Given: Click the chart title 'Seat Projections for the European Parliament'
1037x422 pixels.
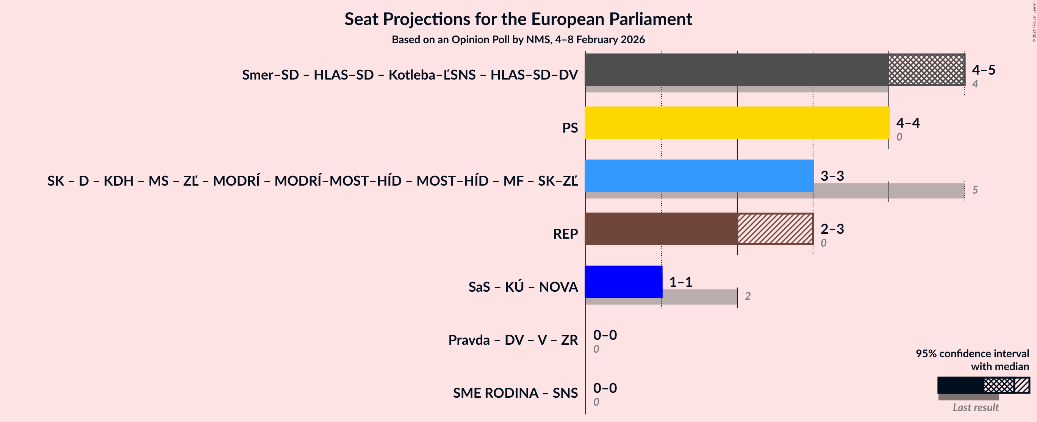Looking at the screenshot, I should click(x=518, y=19).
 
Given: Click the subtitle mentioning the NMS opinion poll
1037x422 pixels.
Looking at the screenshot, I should click(x=518, y=39).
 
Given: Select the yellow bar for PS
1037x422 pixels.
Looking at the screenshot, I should click(x=737, y=123).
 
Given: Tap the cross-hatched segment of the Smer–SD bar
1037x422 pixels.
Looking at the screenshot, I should click(x=926, y=70).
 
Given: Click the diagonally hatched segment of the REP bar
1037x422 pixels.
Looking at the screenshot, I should click(x=775, y=229).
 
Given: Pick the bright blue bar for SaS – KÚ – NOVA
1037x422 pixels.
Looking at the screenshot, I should click(x=623, y=282).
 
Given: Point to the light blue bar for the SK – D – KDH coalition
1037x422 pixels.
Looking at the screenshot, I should click(x=699, y=175).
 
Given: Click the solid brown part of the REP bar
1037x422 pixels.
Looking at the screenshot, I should click(x=661, y=229).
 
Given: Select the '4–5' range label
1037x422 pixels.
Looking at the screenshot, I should click(x=984, y=70).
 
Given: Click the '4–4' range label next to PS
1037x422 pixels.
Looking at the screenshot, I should click(x=908, y=123).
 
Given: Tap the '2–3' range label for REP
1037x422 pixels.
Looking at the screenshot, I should click(x=832, y=229).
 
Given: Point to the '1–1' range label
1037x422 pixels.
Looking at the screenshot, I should click(x=681, y=282).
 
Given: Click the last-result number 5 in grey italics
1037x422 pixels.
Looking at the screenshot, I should click(x=975, y=190).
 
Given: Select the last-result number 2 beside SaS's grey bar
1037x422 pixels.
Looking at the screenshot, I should click(x=748, y=296).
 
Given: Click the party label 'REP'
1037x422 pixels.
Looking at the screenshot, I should click(x=565, y=234).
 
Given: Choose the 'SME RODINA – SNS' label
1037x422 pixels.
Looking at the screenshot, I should click(x=515, y=393).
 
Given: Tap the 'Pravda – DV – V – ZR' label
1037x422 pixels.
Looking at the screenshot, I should click(x=513, y=340).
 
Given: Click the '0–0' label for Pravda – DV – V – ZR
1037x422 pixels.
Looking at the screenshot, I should click(x=605, y=335).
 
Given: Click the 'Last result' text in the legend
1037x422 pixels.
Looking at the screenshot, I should click(x=975, y=408).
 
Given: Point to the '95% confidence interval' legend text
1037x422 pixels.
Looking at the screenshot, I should click(x=972, y=353).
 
